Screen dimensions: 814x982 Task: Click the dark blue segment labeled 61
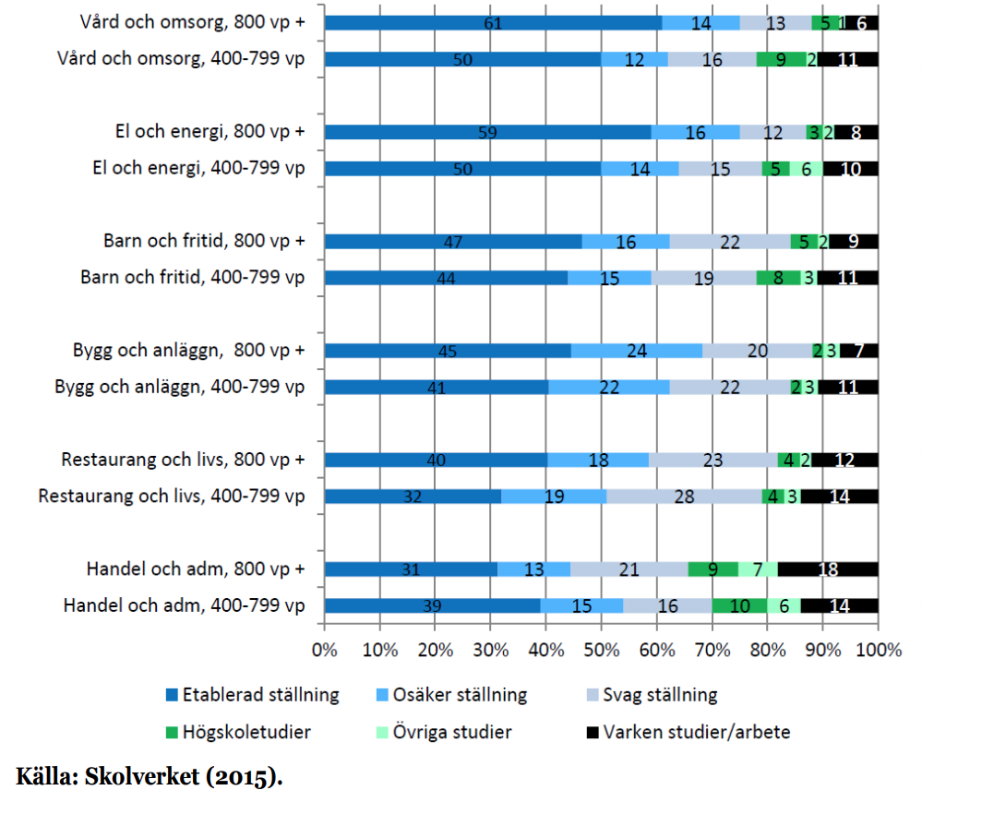493,23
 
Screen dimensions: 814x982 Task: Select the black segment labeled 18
827,569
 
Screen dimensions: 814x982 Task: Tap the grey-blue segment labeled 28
684,497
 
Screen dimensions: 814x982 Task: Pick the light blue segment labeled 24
637,351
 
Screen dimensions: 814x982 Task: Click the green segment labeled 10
739,605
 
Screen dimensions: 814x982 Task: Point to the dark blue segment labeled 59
487,132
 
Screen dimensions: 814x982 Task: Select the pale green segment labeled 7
758,569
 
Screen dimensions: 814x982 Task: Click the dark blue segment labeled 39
432,605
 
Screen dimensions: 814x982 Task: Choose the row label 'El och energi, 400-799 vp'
198,168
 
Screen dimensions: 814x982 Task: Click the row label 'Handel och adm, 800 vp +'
195,569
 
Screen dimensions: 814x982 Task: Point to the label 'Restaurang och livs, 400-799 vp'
171,497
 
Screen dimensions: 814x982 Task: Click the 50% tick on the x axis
601,650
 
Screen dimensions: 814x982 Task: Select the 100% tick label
878,650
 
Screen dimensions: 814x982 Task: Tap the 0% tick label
325,650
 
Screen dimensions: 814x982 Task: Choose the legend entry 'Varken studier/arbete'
697,733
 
